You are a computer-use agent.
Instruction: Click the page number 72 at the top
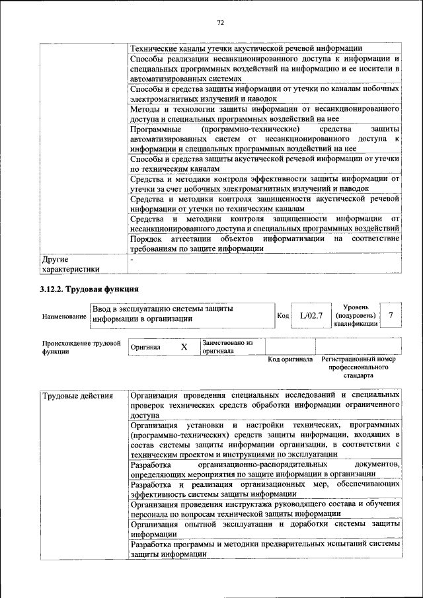pos(221,22)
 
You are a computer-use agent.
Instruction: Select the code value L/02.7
pos(311,315)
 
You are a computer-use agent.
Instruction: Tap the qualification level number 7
pos(391,315)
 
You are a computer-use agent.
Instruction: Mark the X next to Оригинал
pos(184,347)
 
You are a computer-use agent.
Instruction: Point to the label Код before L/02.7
pos(283,317)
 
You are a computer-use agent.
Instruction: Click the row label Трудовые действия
pos(72,396)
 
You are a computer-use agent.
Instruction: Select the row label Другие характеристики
pos(71,264)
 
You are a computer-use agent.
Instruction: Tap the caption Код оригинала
pos(290,359)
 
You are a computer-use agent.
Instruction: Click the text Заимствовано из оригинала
pos(228,347)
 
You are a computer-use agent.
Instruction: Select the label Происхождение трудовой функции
pos(80,348)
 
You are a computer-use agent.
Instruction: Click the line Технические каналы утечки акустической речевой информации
pos(246,48)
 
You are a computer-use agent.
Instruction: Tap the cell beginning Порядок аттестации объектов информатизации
pos(264,243)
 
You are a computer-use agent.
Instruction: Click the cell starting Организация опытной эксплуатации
pos(264,529)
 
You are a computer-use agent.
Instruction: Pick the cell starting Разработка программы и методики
pos(264,550)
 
